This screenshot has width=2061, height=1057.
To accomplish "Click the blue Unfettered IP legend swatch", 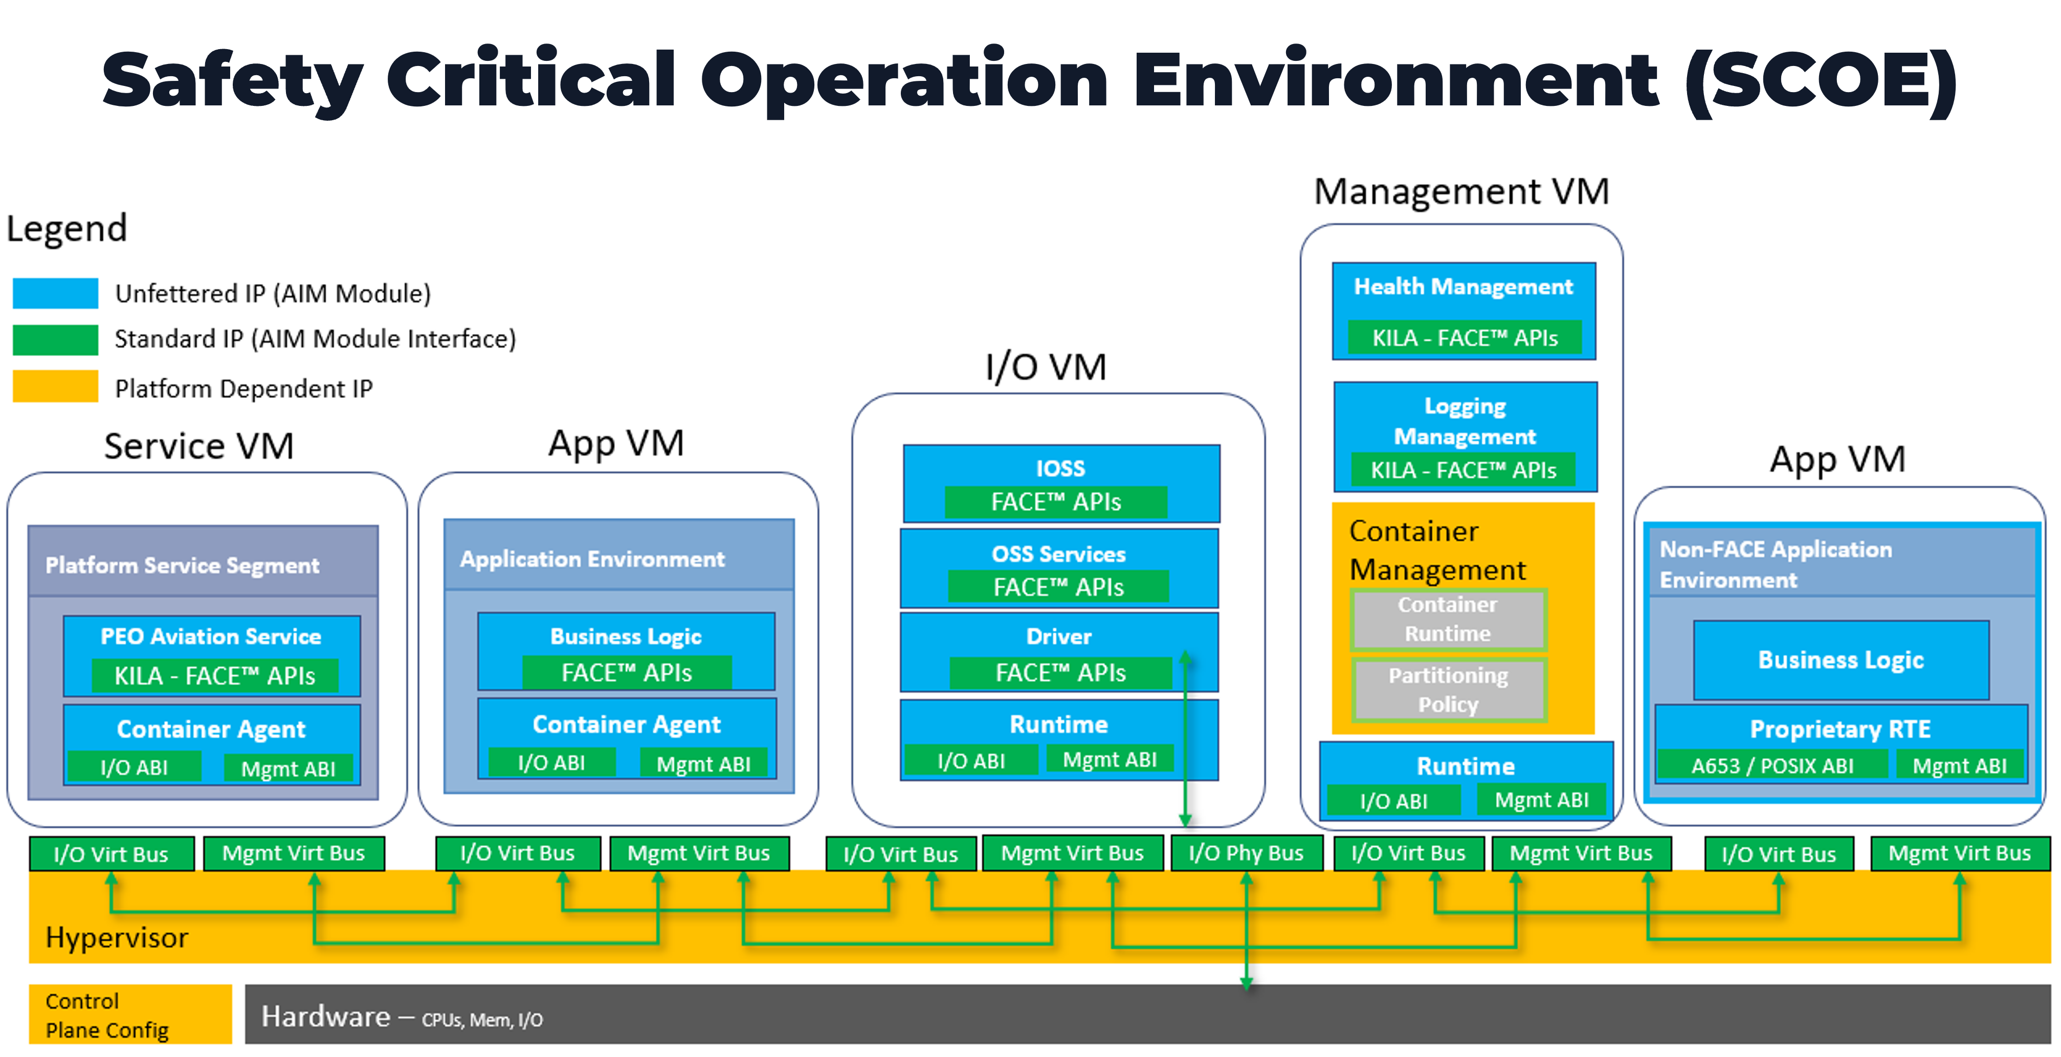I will [x=55, y=293].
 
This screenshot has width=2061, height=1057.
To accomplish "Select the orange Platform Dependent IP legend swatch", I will [x=55, y=386].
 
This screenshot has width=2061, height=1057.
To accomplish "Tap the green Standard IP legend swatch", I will [x=55, y=339].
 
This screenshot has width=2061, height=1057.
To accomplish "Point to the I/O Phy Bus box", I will [x=1246, y=853].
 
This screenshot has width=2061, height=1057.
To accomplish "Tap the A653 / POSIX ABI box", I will [x=1771, y=766].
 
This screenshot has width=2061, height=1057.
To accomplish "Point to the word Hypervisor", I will [x=117, y=937].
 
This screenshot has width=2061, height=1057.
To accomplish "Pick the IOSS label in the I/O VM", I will [x=1060, y=468].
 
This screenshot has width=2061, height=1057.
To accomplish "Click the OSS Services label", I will [x=1058, y=554].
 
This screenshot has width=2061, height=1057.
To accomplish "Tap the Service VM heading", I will [x=198, y=446].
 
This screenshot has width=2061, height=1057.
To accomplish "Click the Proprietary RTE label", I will [x=1840, y=729].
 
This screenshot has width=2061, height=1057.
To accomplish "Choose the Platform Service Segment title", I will [x=183, y=565].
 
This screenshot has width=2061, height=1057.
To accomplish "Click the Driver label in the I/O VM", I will [x=1058, y=636].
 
